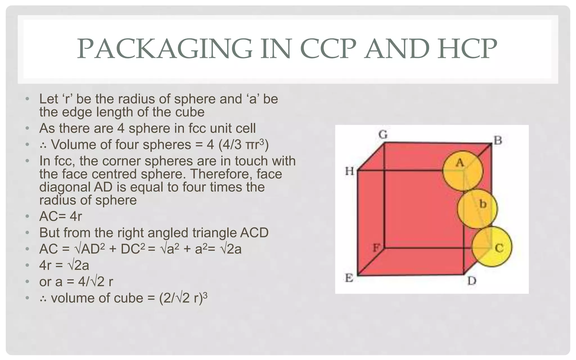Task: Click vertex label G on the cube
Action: pyautogui.click(x=383, y=135)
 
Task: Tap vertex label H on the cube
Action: pyautogui.click(x=350, y=171)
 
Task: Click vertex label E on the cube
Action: pyautogui.click(x=349, y=278)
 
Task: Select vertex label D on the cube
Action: pyautogui.click(x=472, y=280)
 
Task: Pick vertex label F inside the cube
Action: pyautogui.click(x=376, y=248)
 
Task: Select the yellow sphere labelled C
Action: pyautogui.click(x=492, y=247)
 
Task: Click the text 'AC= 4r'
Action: pyautogui.click(x=60, y=217)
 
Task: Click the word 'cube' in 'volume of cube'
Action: pyautogui.click(x=130, y=298)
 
